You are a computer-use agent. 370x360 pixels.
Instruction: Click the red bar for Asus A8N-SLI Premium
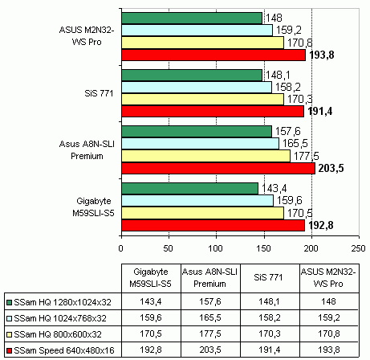click(x=218, y=169)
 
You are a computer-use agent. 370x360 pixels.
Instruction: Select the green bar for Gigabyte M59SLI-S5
click(x=190, y=189)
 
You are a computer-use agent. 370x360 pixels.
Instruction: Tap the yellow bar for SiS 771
click(x=203, y=99)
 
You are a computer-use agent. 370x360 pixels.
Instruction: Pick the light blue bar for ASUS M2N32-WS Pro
click(x=197, y=30)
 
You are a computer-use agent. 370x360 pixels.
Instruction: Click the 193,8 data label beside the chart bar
click(x=322, y=55)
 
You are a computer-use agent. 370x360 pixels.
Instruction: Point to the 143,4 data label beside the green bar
click(x=274, y=188)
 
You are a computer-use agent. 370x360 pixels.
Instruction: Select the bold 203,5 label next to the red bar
click(x=331, y=168)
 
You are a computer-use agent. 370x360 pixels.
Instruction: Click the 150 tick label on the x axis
click(x=264, y=248)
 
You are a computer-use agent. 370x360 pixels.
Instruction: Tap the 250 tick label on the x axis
click(x=359, y=248)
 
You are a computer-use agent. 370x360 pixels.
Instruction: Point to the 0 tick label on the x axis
click(x=121, y=248)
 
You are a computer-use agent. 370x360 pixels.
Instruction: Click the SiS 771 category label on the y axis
click(x=99, y=93)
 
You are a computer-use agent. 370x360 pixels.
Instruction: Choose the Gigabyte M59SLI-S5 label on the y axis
click(x=93, y=207)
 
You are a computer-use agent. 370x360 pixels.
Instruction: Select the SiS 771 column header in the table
click(x=268, y=277)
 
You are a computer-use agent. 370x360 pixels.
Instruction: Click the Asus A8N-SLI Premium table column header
click(x=209, y=277)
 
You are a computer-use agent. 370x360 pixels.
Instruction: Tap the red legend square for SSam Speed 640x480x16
click(x=10, y=350)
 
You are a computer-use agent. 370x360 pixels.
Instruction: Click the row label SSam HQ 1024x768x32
click(x=60, y=318)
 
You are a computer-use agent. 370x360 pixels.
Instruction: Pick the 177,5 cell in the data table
click(x=210, y=333)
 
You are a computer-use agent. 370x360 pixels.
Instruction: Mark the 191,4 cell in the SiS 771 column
click(x=270, y=350)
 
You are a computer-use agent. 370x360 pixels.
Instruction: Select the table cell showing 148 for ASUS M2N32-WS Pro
click(x=328, y=301)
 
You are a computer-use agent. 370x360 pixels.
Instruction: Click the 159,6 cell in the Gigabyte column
click(x=151, y=317)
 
